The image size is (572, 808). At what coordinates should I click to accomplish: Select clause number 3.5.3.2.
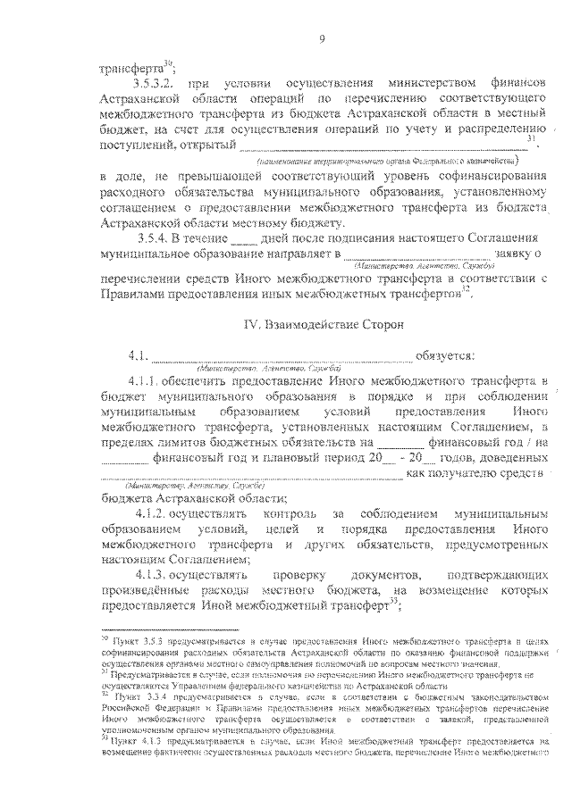click(154, 81)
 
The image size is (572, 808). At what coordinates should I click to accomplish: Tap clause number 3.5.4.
click(159, 239)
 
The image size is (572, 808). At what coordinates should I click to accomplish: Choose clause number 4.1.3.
click(163, 575)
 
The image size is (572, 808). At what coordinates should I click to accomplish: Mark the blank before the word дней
click(243, 240)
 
